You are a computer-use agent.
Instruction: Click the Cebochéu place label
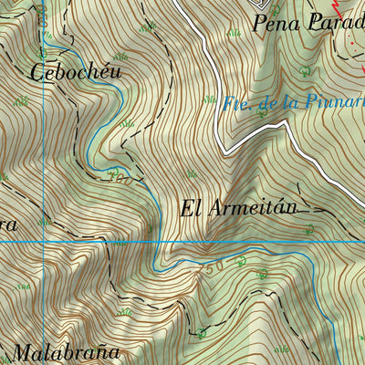[x=78, y=71]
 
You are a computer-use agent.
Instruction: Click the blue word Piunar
[x=332, y=103]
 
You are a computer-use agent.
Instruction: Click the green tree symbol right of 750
[x=242, y=263]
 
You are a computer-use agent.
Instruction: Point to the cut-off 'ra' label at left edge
[x=11, y=222]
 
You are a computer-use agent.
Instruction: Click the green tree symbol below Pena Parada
[x=305, y=69]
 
